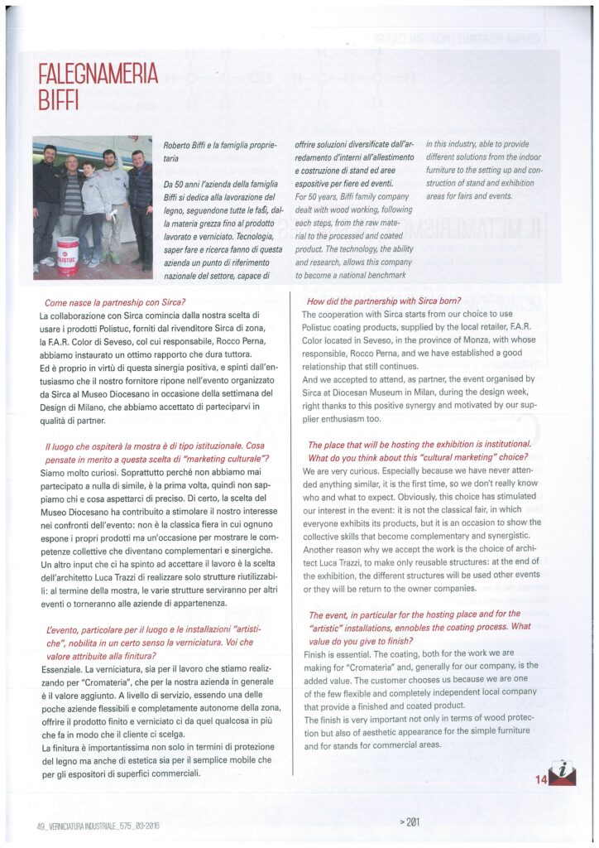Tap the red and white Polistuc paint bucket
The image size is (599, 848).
[x=68, y=251]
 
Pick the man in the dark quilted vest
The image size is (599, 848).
[x=141, y=199]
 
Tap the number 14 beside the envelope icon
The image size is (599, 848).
[x=540, y=778]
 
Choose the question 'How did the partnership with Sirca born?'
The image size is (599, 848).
[x=384, y=302]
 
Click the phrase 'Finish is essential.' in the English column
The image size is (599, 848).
[x=336, y=653]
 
